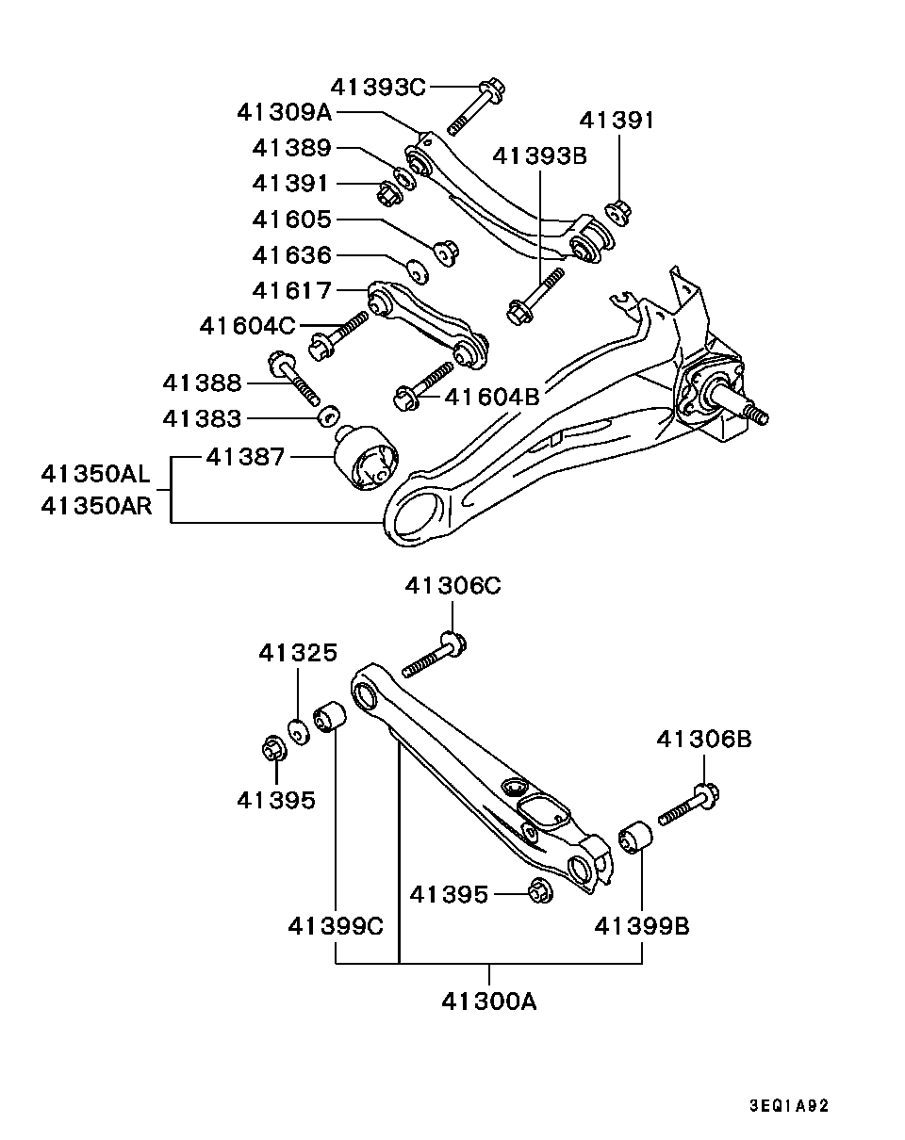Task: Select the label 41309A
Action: click(x=285, y=113)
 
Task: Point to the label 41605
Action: click(x=292, y=220)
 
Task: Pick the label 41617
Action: click(x=292, y=290)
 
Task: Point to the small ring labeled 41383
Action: click(x=328, y=415)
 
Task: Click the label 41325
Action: click(x=298, y=653)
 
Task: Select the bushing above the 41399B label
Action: click(x=631, y=837)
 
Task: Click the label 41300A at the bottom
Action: click(x=488, y=1002)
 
